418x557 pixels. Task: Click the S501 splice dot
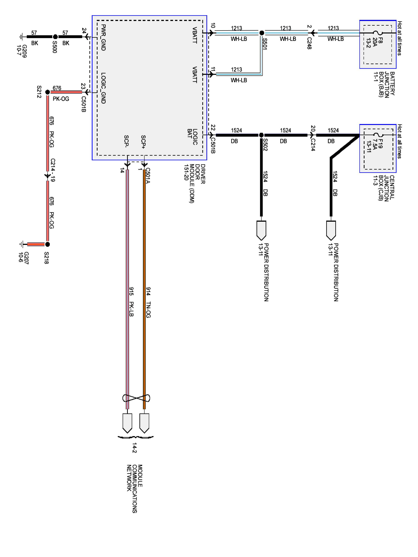pyautogui.click(x=262, y=33)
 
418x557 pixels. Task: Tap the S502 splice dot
pyautogui.click(x=261, y=135)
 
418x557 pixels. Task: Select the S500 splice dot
pyautogui.click(x=55, y=37)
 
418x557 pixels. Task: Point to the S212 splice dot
pyautogui.click(x=47, y=92)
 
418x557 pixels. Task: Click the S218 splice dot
pyautogui.click(x=47, y=244)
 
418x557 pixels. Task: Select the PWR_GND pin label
pyautogui.click(x=103, y=38)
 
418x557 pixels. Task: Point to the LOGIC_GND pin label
pyautogui.click(x=103, y=88)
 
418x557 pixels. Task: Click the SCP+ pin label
pyautogui.click(x=143, y=142)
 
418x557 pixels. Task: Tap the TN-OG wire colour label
pyautogui.click(x=148, y=310)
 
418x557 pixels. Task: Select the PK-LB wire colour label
pyautogui.click(x=131, y=309)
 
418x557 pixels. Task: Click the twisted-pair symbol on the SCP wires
pyautogui.click(x=136, y=398)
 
